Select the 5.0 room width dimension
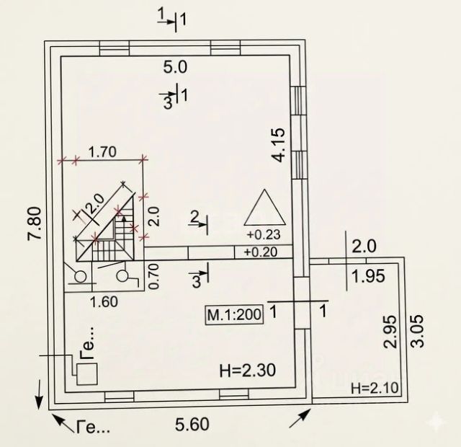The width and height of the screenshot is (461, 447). pyautogui.click(x=176, y=68)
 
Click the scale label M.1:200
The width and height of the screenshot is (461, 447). pyautogui.click(x=233, y=314)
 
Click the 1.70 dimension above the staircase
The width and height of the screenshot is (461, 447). pyautogui.click(x=102, y=151)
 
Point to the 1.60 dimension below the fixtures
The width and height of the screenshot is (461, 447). pyautogui.click(x=105, y=302)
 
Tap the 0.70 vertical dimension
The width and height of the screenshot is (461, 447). pyautogui.click(x=153, y=276)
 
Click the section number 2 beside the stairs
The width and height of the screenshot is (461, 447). pyautogui.click(x=194, y=216)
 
